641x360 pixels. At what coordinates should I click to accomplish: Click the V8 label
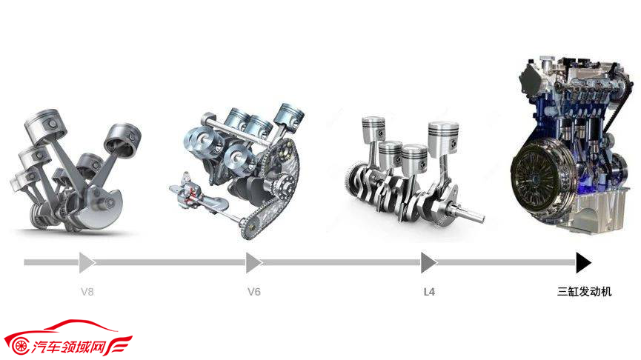(x=87, y=292)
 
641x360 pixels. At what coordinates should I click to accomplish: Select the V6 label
(x=254, y=292)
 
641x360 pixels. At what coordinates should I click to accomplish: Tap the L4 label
(x=429, y=292)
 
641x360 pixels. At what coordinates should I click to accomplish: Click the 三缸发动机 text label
(x=584, y=291)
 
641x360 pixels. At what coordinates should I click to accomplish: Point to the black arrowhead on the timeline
(x=583, y=262)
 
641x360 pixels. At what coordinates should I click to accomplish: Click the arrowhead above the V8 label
(x=87, y=262)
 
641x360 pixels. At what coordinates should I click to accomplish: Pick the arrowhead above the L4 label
(x=429, y=262)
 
